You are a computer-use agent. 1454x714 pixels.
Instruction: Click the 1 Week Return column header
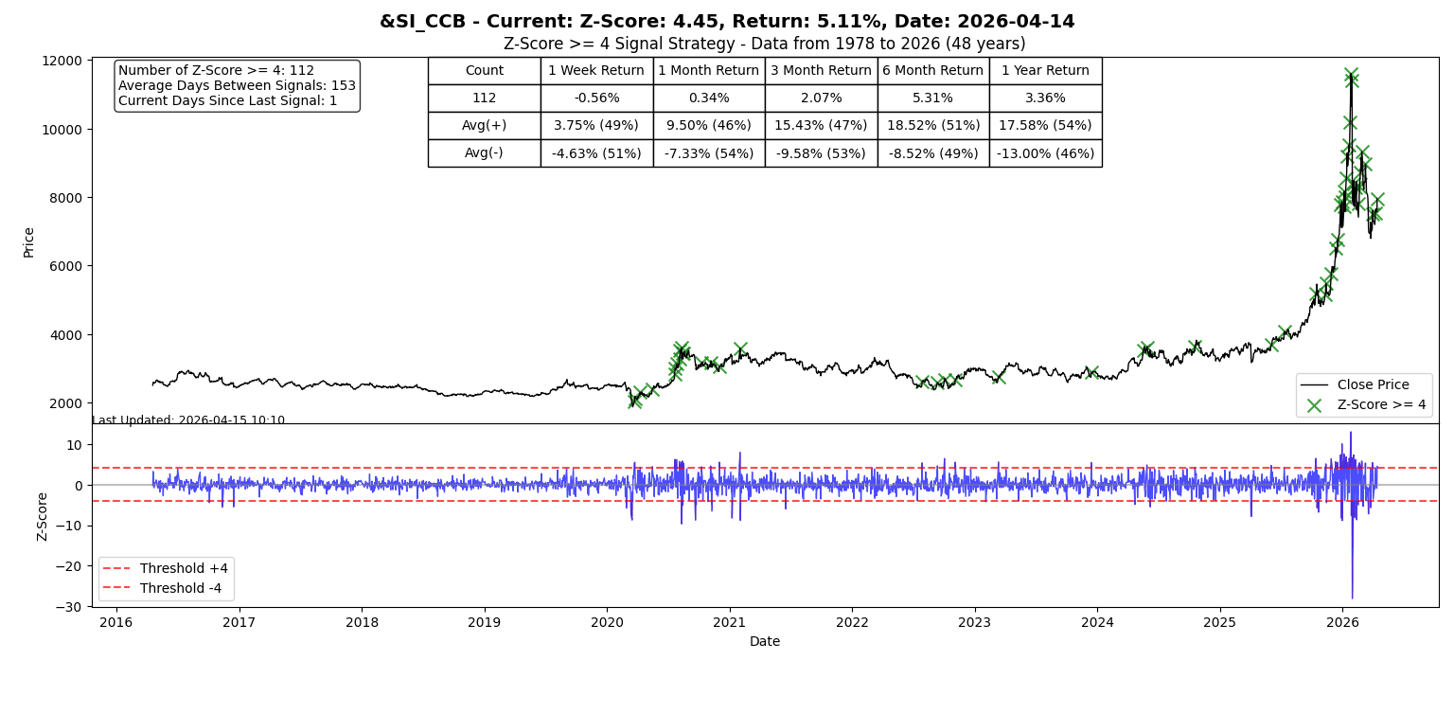[x=595, y=71]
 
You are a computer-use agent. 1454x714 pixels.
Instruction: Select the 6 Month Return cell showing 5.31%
[x=933, y=98]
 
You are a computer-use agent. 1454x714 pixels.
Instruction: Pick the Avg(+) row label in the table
[x=484, y=125]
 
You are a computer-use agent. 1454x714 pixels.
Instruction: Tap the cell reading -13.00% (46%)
[x=1045, y=153]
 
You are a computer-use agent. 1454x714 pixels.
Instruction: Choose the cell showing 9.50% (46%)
[x=709, y=125]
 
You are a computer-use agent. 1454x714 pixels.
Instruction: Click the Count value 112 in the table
[x=485, y=98]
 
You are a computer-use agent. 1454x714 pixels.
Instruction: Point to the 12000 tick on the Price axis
[x=62, y=61]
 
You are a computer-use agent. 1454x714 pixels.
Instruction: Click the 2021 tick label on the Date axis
[x=730, y=622]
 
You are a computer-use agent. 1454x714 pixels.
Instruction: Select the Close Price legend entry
[x=1363, y=384]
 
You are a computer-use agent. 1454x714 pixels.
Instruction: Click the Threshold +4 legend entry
[x=166, y=568]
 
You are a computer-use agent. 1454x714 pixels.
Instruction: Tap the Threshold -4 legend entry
[x=162, y=588]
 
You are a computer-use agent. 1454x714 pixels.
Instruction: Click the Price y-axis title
[x=28, y=242]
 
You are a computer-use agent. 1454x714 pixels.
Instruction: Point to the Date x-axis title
[x=765, y=641]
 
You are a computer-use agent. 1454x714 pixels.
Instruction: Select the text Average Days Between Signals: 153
[x=237, y=85]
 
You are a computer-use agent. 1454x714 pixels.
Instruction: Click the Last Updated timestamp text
[x=188, y=419]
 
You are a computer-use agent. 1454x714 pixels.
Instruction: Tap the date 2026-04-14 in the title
[x=1016, y=22]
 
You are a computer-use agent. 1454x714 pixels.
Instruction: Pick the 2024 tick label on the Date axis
[x=1098, y=622]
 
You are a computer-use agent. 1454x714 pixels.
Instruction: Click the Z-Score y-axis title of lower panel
[x=42, y=517]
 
